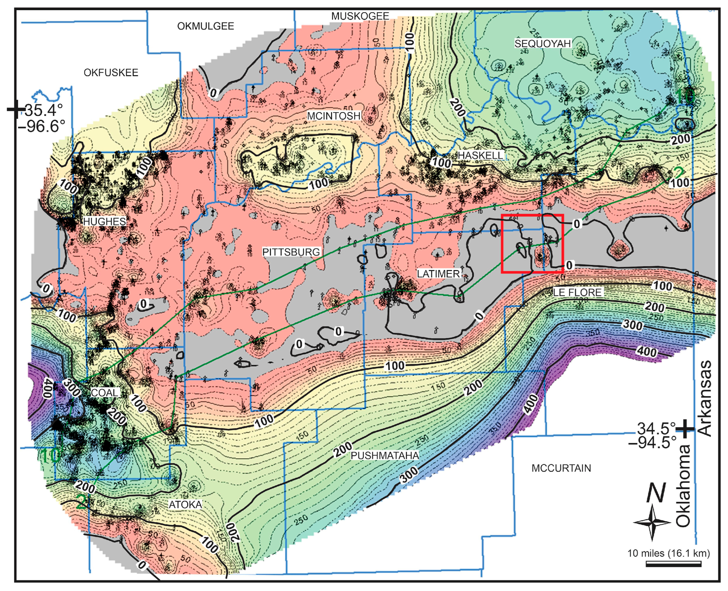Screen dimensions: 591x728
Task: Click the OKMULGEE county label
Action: pos(205,26)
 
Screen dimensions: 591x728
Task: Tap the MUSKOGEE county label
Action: pos(360,16)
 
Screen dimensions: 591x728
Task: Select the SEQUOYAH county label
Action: pos(542,44)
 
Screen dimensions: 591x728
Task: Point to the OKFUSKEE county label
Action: pos(111,73)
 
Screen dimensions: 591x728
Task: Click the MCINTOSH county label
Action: pos(334,116)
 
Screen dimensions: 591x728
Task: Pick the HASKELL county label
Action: pos(480,155)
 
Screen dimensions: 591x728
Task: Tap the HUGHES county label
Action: pos(104,221)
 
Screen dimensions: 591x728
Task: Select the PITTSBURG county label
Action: pos(291,252)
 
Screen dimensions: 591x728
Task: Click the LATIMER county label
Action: pos(438,274)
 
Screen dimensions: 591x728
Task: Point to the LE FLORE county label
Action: pos(577,292)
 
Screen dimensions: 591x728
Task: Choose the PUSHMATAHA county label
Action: pos(385,455)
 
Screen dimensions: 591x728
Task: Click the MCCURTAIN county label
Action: pos(561,468)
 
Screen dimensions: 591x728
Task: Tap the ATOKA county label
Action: pos(186,504)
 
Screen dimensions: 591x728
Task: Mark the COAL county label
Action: pos(104,393)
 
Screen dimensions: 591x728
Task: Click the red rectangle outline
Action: pos(533,215)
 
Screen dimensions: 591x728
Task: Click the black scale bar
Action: pos(673,565)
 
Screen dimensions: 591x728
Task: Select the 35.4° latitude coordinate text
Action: pos(44,110)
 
